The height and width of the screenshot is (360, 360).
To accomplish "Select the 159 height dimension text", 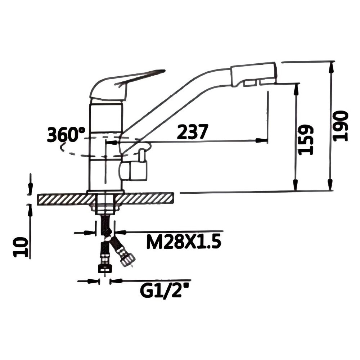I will tap(306, 140).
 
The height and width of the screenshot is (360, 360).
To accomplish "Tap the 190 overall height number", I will tap(341, 126).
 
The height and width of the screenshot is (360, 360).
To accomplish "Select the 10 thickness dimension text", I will tap(21, 247).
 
